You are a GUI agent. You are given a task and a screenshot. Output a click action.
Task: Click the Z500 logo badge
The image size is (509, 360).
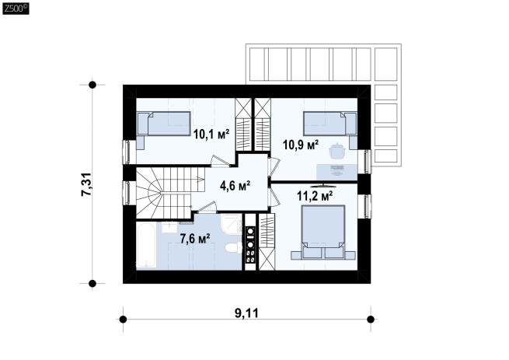[16, 9]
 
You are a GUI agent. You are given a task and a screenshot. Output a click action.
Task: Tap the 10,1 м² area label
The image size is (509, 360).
[211, 134]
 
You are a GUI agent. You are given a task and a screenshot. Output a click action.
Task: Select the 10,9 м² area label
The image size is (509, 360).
[301, 145]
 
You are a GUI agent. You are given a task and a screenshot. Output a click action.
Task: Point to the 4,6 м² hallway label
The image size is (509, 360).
[235, 186]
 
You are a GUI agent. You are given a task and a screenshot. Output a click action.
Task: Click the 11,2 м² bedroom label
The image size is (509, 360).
[315, 196]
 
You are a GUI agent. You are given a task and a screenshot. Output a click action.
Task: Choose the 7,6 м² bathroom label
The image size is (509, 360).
[195, 239]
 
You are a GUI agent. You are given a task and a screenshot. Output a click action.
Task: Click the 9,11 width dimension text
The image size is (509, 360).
[246, 313]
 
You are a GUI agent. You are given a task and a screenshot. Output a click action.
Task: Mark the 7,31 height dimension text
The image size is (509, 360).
[87, 184]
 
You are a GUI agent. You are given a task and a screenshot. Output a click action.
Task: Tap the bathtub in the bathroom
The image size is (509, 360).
[146, 245]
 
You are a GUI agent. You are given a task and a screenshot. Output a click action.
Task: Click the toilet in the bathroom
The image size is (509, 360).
[233, 247]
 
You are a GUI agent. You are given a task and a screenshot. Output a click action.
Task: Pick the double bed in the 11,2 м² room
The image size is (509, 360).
[323, 232]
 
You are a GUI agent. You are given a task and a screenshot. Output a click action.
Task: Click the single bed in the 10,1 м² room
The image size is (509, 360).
[164, 124]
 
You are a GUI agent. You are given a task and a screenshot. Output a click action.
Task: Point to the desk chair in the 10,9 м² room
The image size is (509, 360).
[336, 150]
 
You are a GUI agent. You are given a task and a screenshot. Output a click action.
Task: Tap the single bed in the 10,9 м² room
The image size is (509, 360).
[330, 124]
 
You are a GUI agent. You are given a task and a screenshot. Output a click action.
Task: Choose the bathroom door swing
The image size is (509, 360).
[207, 208]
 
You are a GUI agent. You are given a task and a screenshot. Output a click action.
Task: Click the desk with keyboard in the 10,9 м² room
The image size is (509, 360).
[337, 172]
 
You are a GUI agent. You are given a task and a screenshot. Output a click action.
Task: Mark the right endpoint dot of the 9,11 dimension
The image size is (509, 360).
[371, 320]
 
